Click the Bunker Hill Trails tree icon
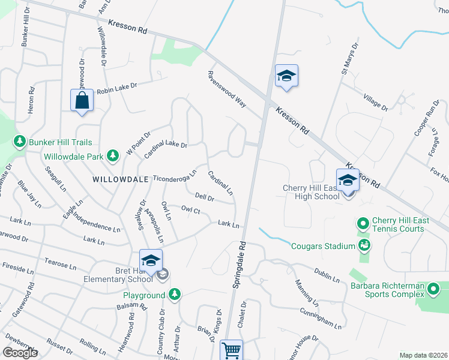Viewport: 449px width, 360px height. click(20, 142)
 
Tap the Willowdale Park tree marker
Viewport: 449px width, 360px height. click(112, 156)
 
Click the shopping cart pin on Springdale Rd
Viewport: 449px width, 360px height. click(231, 350)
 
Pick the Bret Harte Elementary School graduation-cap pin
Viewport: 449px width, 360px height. click(151, 260)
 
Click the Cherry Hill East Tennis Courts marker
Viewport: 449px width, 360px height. click(363, 224)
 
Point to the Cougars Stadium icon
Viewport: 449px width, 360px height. click(363, 245)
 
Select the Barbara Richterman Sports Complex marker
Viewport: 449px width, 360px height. click(434, 291)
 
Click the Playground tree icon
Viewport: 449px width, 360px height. click(174, 294)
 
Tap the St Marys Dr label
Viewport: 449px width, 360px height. click(349, 59)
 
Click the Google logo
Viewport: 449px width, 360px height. click(20, 353)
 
